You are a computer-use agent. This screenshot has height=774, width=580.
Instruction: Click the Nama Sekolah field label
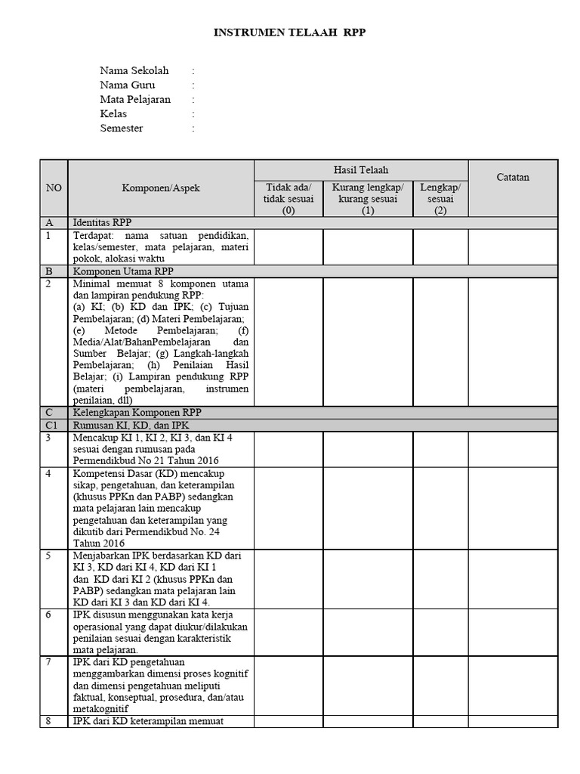[x=134, y=70]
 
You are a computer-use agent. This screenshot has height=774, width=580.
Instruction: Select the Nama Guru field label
[x=128, y=85]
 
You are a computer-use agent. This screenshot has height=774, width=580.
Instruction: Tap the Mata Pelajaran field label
[x=135, y=99]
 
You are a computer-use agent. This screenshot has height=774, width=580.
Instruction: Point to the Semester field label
[x=122, y=128]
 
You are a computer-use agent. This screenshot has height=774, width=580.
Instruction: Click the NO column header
[x=54, y=188]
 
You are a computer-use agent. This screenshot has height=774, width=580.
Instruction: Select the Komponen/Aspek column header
[x=161, y=188]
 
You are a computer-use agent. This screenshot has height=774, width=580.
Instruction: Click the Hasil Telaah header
[x=361, y=171]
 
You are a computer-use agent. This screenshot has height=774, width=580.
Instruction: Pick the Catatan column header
[x=513, y=177]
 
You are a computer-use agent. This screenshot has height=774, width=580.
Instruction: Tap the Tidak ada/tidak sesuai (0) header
[x=288, y=199]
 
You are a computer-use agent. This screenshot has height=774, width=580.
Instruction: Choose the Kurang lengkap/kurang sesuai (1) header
[x=368, y=199]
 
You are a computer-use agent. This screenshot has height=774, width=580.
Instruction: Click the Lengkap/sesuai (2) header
[x=440, y=199]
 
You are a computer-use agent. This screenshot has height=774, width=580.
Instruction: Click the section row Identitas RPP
[x=102, y=223]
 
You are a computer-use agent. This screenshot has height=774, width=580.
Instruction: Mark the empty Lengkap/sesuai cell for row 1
[x=440, y=246]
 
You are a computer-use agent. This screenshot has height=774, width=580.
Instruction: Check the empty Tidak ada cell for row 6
[x=288, y=631]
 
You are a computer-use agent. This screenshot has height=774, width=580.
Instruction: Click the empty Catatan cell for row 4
[x=513, y=507]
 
